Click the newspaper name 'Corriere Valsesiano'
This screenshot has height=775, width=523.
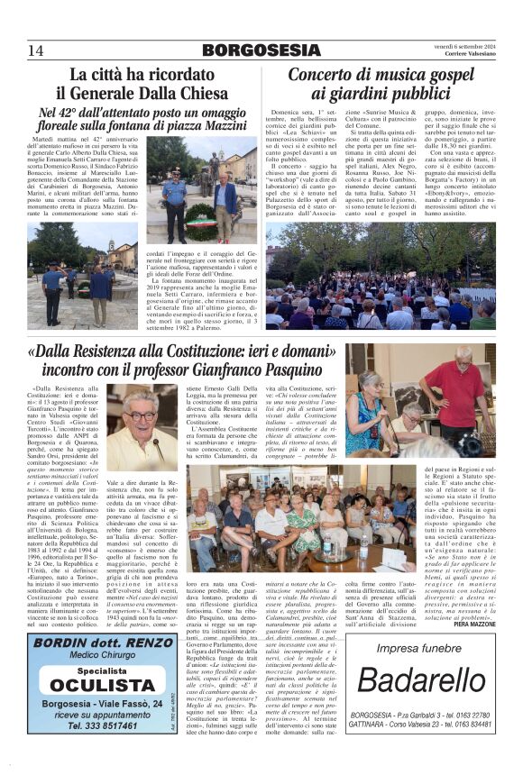pyautogui.click(x=468, y=53)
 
